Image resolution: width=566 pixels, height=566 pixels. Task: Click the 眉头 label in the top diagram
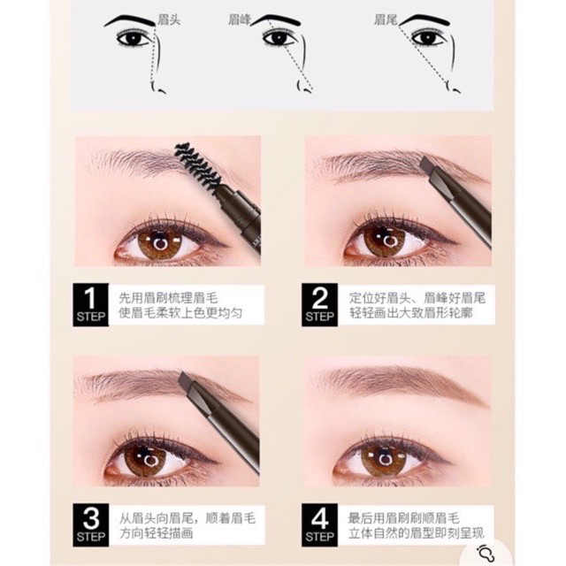pyautogui.click(x=169, y=20)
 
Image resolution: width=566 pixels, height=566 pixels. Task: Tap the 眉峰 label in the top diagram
pyautogui.click(x=240, y=20)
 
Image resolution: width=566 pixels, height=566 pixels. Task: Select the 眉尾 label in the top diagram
pyautogui.click(x=386, y=20)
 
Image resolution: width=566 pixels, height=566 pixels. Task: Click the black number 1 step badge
pyautogui.click(x=90, y=305)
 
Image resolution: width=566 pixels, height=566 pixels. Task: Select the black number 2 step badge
pyautogui.click(x=319, y=305)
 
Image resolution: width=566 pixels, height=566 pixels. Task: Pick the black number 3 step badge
pyautogui.click(x=90, y=524)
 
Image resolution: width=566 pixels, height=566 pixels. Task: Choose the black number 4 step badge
pyautogui.click(x=319, y=524)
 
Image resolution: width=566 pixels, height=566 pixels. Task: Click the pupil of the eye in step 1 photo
pyautogui.click(x=160, y=244)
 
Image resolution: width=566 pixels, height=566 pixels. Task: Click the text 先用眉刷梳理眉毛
pyautogui.click(x=169, y=299)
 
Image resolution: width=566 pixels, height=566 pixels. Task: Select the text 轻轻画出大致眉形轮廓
pyautogui.click(x=410, y=313)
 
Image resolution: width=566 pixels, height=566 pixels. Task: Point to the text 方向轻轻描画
pyautogui.click(x=156, y=533)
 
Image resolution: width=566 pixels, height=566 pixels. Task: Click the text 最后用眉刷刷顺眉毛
pyautogui.click(x=404, y=519)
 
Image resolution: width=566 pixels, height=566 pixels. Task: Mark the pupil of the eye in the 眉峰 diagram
pyautogui.click(x=279, y=37)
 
